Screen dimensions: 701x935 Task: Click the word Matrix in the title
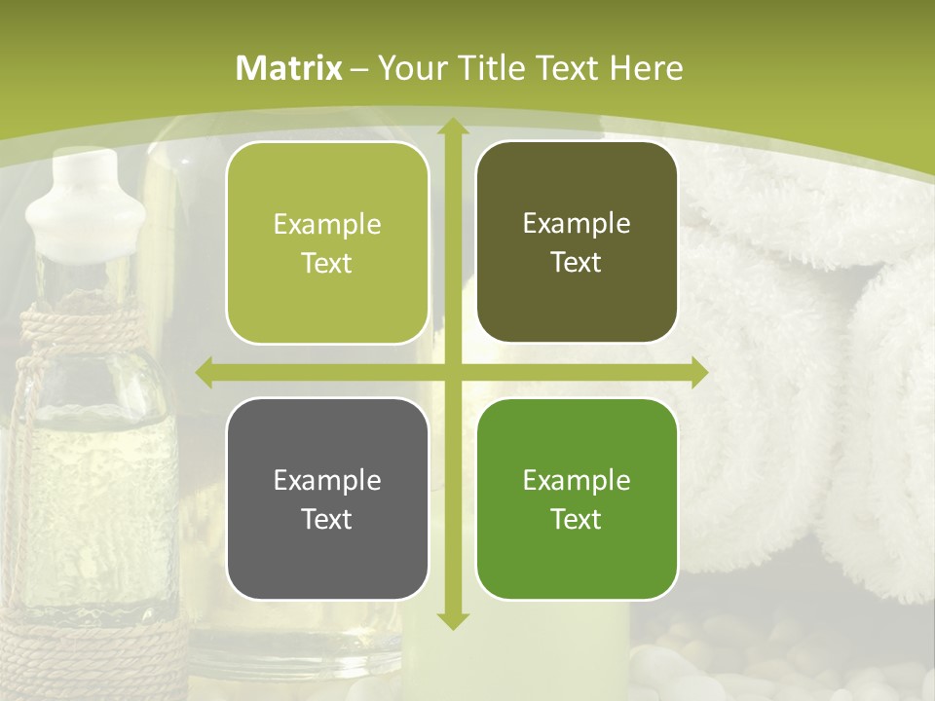point(289,68)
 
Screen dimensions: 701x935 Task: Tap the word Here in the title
point(646,68)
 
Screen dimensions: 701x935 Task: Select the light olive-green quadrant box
point(327,243)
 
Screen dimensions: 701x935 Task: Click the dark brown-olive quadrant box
point(577,243)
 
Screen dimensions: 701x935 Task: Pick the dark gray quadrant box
point(327,499)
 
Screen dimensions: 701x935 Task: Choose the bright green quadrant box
point(577,499)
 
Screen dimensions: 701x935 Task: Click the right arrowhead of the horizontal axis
point(698,372)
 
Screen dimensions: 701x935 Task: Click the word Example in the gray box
point(327,480)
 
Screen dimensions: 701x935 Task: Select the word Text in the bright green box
point(577,519)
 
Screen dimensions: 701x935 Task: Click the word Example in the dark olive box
point(577,224)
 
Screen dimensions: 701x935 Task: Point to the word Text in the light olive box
point(327,264)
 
